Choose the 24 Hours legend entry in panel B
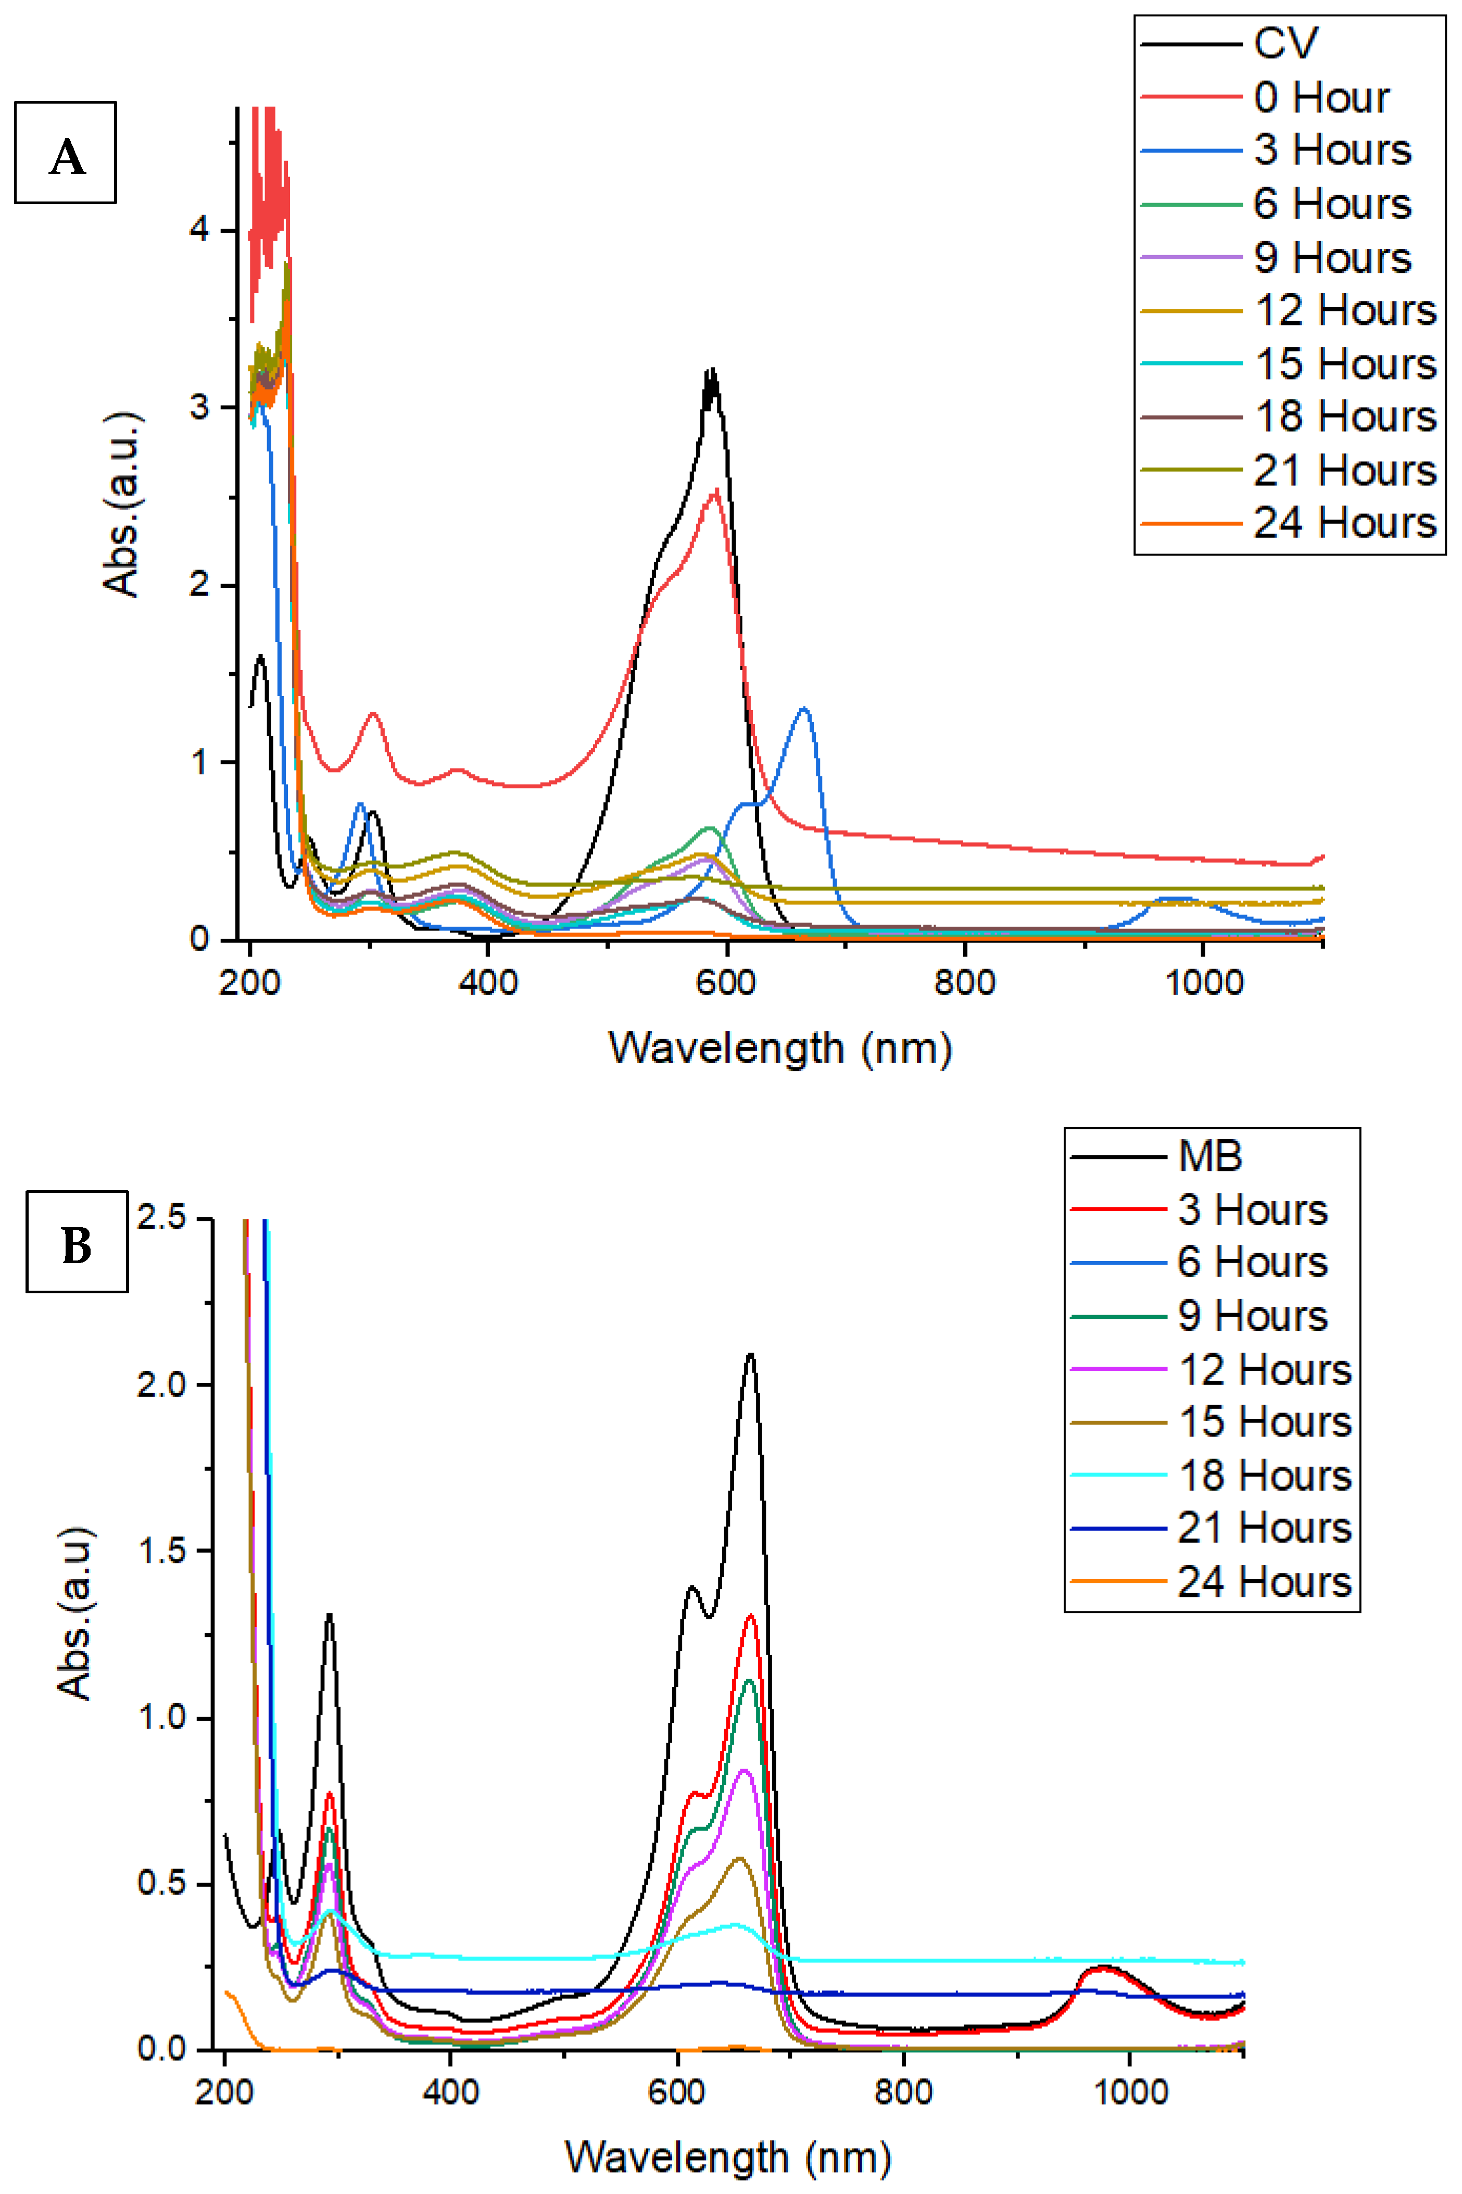(1264, 1582)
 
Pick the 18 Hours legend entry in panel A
(1344, 417)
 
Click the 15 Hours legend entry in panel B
(1264, 1422)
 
